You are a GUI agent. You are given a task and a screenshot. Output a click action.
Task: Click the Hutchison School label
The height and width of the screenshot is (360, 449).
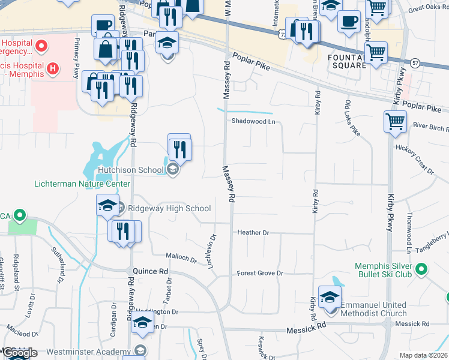[130, 170]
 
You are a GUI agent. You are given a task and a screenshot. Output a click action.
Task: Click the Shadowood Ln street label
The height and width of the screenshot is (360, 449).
[254, 121]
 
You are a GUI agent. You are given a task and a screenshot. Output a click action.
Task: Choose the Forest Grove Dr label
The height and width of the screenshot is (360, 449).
[259, 273]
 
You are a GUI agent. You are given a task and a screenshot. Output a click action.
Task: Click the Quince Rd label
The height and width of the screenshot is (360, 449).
[151, 271]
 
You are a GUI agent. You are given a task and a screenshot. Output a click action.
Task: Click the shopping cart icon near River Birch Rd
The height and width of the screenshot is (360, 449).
[395, 122]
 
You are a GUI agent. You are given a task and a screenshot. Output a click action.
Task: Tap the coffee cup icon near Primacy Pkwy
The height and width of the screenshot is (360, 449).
[102, 25]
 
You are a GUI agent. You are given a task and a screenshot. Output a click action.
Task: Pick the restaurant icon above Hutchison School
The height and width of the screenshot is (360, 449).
[179, 148]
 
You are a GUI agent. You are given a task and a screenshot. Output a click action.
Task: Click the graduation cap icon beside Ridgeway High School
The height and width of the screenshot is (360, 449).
[107, 205]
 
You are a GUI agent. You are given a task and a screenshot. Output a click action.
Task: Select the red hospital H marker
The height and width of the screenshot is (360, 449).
[53, 69]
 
